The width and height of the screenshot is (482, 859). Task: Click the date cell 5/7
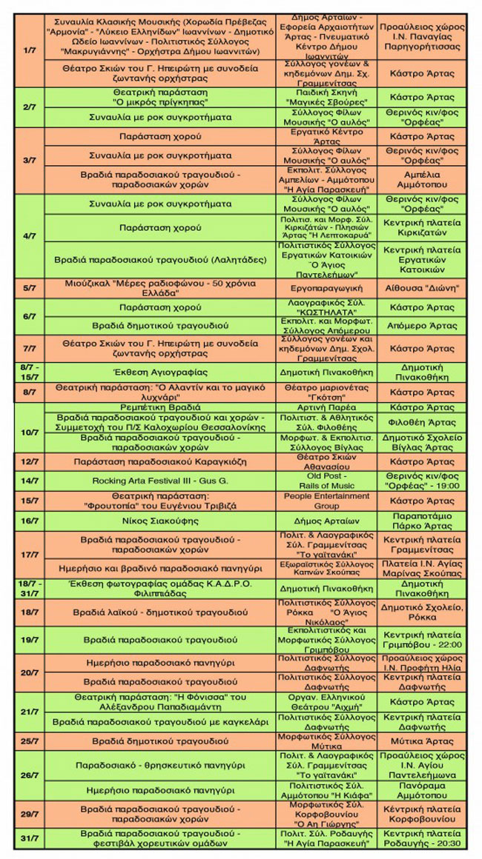pos(30,288)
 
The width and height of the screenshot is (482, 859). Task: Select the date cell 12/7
pos(30,461)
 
